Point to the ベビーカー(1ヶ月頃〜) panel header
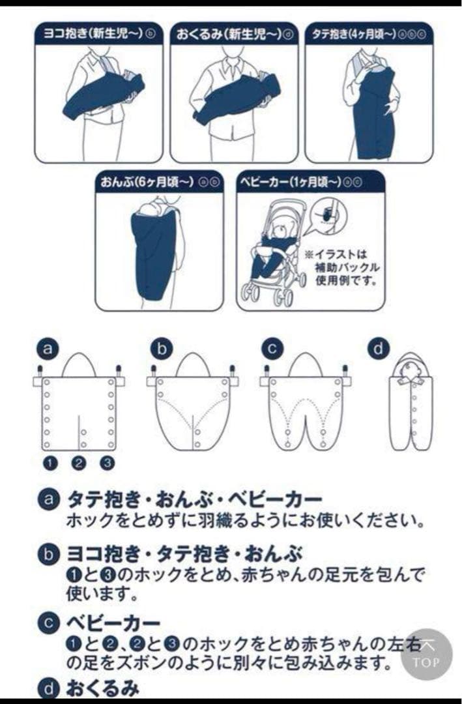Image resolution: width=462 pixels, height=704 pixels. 310,182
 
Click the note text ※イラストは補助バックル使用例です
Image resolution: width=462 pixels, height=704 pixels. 341,267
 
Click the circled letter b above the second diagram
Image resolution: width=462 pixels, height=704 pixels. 160,349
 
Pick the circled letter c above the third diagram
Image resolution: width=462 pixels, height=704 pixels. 272,349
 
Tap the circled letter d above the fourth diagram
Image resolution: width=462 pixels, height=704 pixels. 378,349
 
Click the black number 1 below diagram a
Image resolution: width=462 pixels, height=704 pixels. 50,463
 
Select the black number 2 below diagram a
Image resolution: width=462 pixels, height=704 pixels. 79,463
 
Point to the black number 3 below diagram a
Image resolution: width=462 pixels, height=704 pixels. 108,463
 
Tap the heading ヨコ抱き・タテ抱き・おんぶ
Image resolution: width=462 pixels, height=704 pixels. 184,555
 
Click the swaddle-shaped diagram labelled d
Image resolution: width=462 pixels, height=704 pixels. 412,404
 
